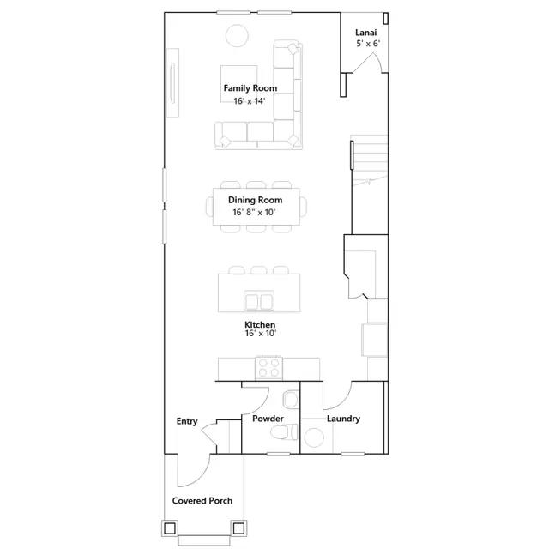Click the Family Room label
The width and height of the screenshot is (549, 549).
pyautogui.click(x=250, y=88)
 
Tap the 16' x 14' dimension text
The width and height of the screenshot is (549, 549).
pyautogui.click(x=250, y=101)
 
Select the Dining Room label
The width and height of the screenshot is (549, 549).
pyautogui.click(x=256, y=200)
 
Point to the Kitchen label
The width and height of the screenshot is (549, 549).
pyautogui.click(x=260, y=324)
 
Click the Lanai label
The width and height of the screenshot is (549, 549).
pyautogui.click(x=366, y=33)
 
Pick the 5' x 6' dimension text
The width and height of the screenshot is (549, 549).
pyautogui.click(x=368, y=44)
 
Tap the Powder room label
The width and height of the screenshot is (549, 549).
pyautogui.click(x=268, y=419)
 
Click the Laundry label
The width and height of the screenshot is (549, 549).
pyautogui.click(x=343, y=419)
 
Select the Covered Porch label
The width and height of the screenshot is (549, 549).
pyautogui.click(x=202, y=501)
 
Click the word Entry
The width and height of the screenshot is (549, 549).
pyautogui.click(x=187, y=421)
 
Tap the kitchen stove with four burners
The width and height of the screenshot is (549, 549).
pyautogui.click(x=268, y=368)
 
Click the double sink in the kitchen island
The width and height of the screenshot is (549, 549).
pyautogui.click(x=259, y=301)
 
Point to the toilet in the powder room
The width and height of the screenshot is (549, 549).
pyautogui.click(x=284, y=431)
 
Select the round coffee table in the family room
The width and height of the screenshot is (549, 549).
pyautogui.click(x=237, y=36)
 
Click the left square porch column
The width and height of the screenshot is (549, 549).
pyautogui.click(x=170, y=528)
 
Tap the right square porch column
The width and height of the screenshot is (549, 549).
pyautogui.click(x=238, y=528)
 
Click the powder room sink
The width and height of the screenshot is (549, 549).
pyautogui.click(x=290, y=400)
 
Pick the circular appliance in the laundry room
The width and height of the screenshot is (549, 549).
pyautogui.click(x=314, y=437)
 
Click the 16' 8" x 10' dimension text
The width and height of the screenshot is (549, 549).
pyautogui.click(x=254, y=212)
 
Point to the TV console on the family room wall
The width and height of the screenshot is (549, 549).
pyautogui.click(x=172, y=83)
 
